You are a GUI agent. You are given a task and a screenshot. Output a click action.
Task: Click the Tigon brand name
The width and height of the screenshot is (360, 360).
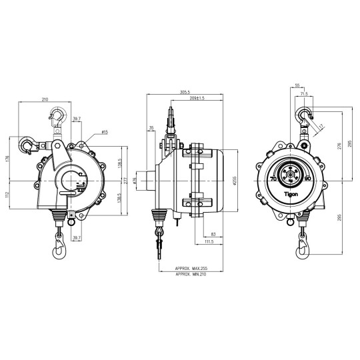[293, 195]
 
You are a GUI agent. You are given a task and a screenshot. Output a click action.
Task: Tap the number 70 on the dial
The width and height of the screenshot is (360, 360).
[273, 179]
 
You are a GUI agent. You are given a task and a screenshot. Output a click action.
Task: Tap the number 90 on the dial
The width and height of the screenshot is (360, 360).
[307, 179]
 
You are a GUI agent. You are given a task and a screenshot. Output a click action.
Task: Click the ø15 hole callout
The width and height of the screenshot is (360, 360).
[105, 133]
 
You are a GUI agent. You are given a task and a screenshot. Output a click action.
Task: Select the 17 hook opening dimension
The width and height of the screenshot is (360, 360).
[321, 127]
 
